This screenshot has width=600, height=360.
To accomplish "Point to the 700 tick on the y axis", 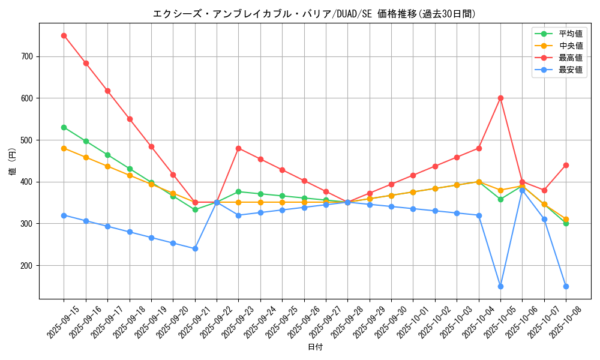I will (x=28, y=56).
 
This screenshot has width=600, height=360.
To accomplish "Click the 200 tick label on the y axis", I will (x=28, y=265).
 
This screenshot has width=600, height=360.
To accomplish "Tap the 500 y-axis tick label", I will (x=28, y=140).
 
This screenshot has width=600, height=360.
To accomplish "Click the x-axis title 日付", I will (x=315, y=347).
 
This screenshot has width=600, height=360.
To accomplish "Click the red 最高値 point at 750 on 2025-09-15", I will (x=64, y=35).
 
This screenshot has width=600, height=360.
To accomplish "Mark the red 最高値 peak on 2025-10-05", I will (x=500, y=98).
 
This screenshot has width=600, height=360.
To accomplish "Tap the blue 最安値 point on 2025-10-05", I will (x=500, y=286).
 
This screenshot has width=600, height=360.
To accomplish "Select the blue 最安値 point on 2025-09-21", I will (x=195, y=248).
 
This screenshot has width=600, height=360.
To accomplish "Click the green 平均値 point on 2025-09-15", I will (x=64, y=127).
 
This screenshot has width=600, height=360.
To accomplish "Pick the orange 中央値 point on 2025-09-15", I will (x=64, y=148).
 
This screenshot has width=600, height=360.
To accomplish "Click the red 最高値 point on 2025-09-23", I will (x=238, y=148).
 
